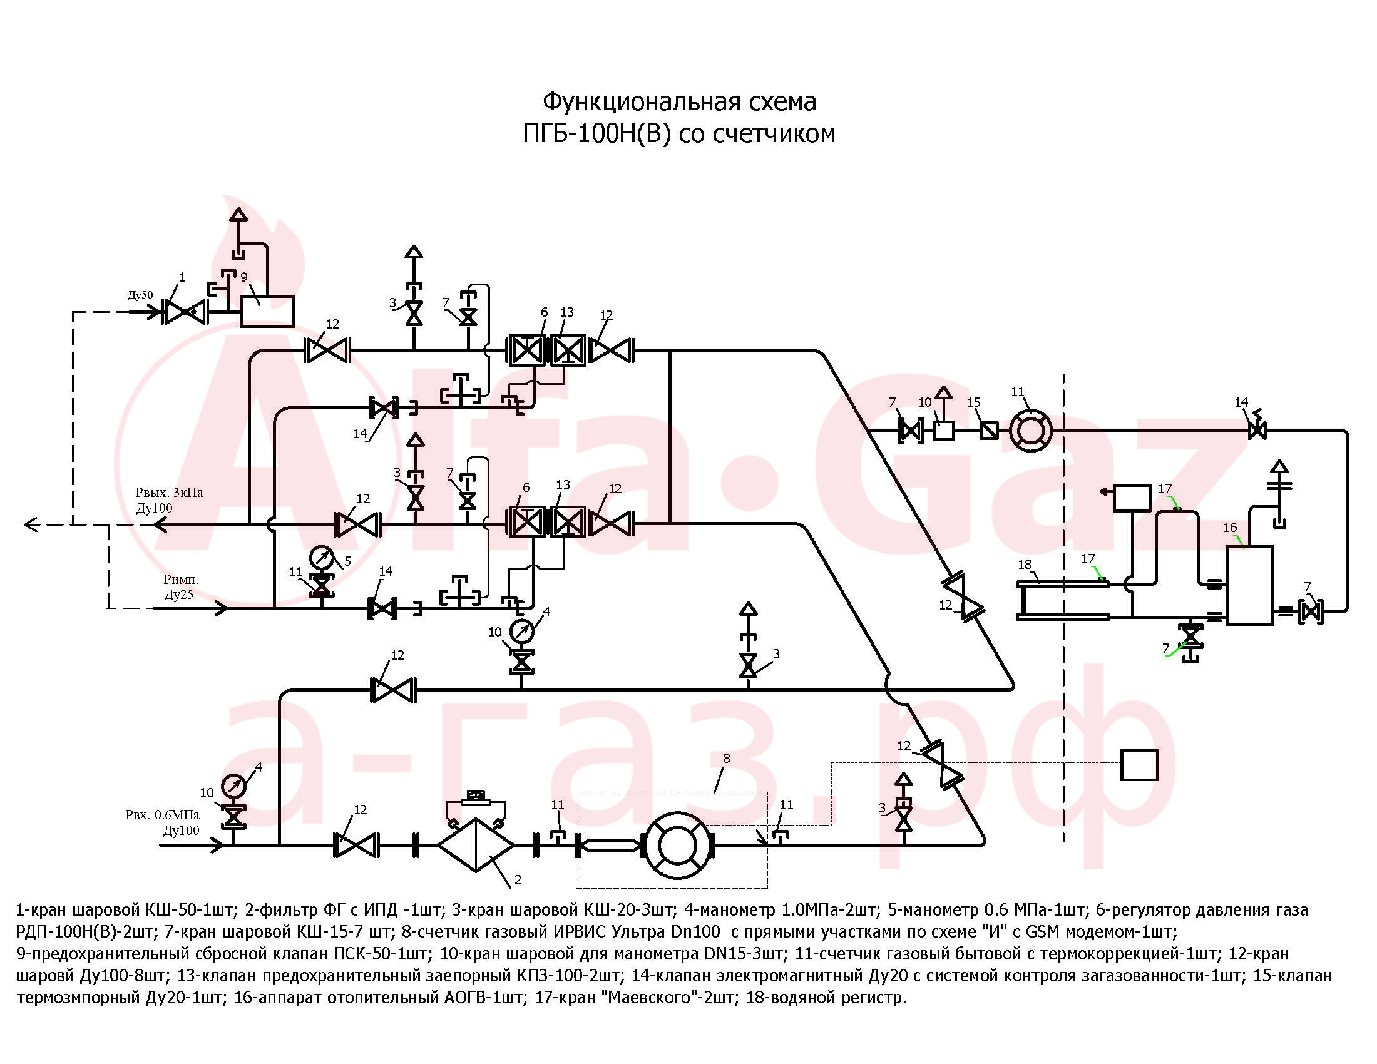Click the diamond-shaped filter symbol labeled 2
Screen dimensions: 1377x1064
pos(476,845)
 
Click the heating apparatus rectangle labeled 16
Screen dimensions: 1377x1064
pos(1249,585)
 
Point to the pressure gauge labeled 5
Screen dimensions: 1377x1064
pos(322,558)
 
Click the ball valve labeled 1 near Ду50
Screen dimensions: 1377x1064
pos(184,312)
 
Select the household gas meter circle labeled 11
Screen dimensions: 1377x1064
pos(1031,431)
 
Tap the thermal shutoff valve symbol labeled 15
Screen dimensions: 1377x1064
pos(989,431)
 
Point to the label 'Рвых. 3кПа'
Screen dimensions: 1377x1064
pos(169,493)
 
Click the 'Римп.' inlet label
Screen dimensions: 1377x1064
pos(181,580)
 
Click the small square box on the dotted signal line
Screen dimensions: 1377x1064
pos(1139,765)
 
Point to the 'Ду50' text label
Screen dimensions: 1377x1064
pos(140,295)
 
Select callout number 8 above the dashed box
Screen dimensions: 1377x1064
pos(726,759)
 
